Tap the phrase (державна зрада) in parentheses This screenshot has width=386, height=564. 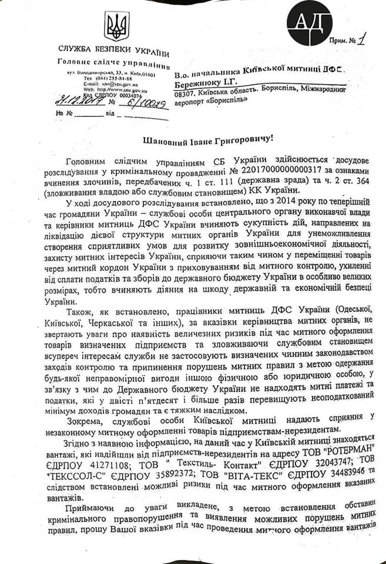click(250, 181)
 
